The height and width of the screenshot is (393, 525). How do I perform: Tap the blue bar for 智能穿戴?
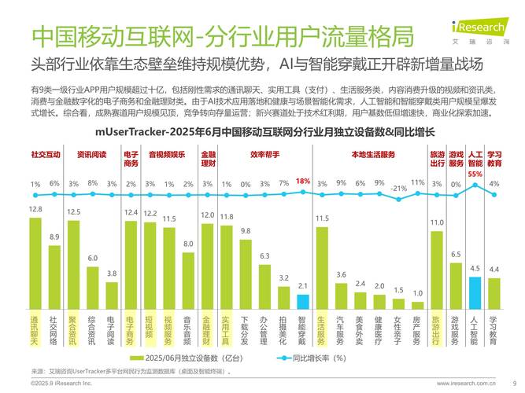[x=302, y=302]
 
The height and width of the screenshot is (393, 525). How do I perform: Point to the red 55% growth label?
[x=475, y=174]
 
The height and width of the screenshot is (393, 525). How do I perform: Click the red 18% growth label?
[x=303, y=182]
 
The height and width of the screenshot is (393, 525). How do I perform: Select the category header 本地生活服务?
[x=368, y=155]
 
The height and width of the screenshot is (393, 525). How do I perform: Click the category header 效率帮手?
[x=264, y=155]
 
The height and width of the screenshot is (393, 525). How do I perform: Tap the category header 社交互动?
[x=45, y=155]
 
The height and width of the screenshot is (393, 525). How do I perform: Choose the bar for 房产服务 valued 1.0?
[x=417, y=306]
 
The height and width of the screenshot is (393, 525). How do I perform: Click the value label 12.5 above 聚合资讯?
[x=73, y=212]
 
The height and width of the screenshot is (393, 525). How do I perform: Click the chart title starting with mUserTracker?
[x=262, y=132]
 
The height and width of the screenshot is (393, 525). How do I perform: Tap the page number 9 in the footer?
[x=514, y=383]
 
